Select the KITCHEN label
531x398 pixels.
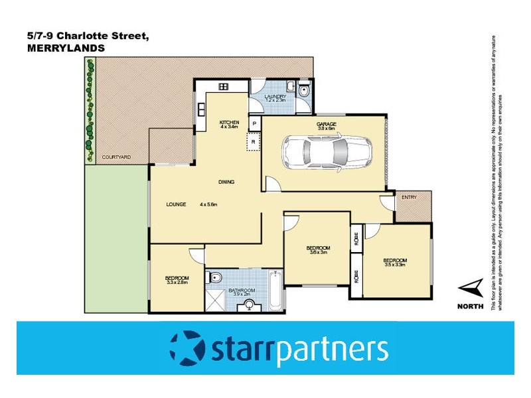click(229, 122)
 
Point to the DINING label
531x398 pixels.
click(228, 182)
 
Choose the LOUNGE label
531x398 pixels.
click(176, 204)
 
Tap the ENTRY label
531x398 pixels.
click(410, 197)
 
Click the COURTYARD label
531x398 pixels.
click(116, 157)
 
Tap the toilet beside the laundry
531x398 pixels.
click(303, 89)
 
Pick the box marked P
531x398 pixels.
click(254, 124)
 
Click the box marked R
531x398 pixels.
click(254, 141)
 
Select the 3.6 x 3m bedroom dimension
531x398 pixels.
click(319, 252)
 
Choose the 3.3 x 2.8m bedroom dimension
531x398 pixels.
click(177, 282)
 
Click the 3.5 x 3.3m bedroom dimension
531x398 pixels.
click(395, 265)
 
